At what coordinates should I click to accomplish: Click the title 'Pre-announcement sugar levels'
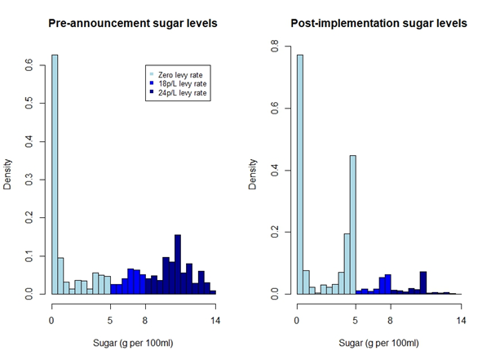point(133,23)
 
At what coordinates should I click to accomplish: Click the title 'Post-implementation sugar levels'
point(378,23)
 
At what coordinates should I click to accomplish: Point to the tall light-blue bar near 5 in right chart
point(353,224)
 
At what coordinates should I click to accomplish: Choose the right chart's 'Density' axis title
point(254,173)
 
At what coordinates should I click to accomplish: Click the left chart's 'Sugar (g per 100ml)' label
point(133,343)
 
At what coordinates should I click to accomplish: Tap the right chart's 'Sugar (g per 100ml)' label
point(378,343)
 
